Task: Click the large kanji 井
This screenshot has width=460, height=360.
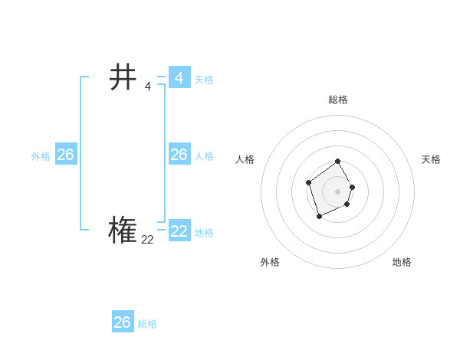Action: point(123,77)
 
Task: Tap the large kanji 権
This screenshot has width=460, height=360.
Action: point(123,230)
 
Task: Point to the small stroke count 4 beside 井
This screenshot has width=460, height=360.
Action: point(147,86)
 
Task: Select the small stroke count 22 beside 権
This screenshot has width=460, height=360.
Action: point(147,240)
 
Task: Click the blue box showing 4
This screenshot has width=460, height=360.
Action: point(179,77)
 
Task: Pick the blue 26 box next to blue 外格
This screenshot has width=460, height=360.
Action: point(65,155)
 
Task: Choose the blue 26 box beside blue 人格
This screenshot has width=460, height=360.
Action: point(179,155)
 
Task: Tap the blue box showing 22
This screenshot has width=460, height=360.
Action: point(179,231)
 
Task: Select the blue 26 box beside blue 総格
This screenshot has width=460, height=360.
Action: point(123,322)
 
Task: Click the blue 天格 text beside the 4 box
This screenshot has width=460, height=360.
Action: point(204,80)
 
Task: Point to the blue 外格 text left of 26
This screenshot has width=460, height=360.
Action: point(41,156)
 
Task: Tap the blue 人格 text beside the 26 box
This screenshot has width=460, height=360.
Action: point(204,156)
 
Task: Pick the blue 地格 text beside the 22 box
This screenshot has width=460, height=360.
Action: point(204,233)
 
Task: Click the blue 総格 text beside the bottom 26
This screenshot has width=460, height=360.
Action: point(147,324)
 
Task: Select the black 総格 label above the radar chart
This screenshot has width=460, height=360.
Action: point(338,100)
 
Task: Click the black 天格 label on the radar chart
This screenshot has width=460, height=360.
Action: point(431,159)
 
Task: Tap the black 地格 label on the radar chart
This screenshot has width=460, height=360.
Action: point(402,262)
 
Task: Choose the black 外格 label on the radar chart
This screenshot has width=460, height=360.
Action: point(270,262)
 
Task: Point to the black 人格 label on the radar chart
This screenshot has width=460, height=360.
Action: point(245,159)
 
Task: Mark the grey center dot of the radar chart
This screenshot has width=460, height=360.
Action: point(337,191)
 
